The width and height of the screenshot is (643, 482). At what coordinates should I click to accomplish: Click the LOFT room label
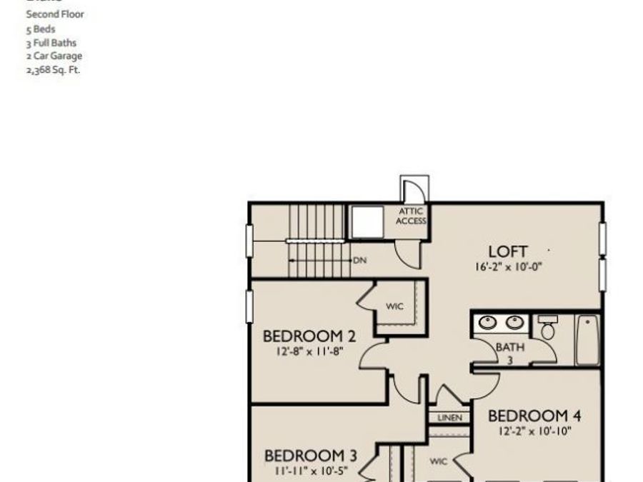click(x=508, y=251)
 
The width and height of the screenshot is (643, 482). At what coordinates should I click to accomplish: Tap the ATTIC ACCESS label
click(x=412, y=216)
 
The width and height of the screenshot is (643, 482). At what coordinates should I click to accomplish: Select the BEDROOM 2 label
click(x=309, y=336)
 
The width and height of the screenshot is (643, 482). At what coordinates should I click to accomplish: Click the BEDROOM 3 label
click(x=310, y=456)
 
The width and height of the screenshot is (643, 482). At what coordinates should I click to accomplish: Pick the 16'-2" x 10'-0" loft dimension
click(x=508, y=267)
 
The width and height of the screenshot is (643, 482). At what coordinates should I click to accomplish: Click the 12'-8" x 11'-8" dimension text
click(x=309, y=351)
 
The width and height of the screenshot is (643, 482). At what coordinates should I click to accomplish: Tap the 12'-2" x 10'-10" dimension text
click(x=534, y=431)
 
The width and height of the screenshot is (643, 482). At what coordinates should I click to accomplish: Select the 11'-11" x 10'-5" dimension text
click(x=310, y=471)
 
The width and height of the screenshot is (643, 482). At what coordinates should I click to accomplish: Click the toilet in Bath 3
click(x=547, y=328)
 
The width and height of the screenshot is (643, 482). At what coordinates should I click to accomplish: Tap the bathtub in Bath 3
click(x=587, y=340)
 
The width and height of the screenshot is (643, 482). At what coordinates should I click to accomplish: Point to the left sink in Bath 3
click(x=489, y=323)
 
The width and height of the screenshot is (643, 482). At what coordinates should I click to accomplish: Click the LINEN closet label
click(x=449, y=418)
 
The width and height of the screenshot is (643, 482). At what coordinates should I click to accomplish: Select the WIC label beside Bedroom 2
click(x=394, y=306)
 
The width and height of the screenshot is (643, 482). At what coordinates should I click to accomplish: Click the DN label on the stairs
click(x=360, y=261)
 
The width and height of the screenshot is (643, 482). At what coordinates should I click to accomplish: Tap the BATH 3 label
click(x=510, y=353)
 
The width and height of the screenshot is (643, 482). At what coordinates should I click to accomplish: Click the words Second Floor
click(x=55, y=14)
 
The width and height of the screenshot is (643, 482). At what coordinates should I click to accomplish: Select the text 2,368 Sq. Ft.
click(x=53, y=70)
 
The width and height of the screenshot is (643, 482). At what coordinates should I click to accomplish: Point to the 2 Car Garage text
click(x=54, y=56)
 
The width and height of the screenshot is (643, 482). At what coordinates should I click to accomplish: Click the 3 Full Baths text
click(x=51, y=42)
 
